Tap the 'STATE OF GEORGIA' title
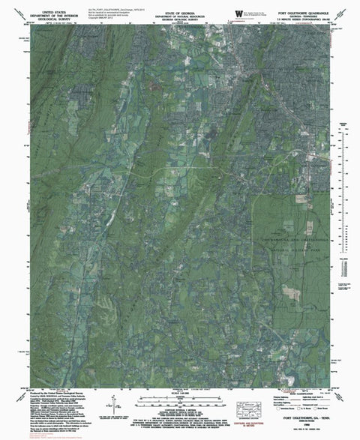[179, 4]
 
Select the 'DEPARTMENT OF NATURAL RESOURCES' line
[179, 7]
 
